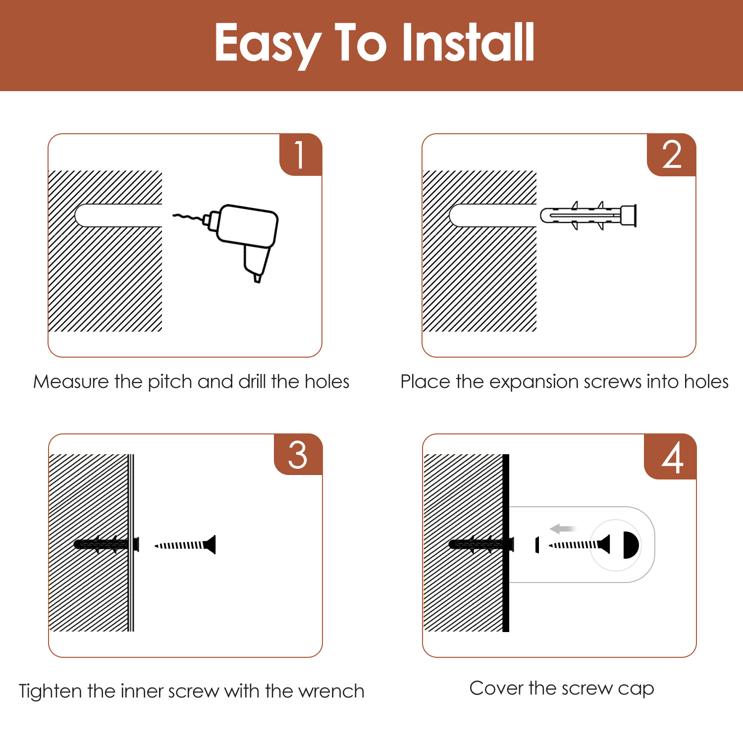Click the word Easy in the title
coord(268,46)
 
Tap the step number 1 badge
coord(301,155)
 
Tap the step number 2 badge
coord(672,155)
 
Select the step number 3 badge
coord(298,455)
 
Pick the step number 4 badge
coord(671,457)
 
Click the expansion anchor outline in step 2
coord(588,215)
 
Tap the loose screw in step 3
coord(185,545)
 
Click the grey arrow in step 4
coord(563,529)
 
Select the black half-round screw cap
coord(631,545)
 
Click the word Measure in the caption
coord(71,382)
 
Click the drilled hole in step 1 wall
coord(118,215)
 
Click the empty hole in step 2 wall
coord(493,215)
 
